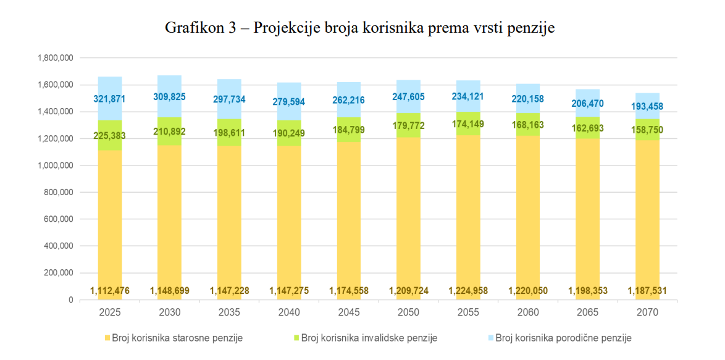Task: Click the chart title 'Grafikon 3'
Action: click(x=359, y=28)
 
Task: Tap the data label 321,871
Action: click(x=110, y=99)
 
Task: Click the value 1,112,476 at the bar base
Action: click(x=110, y=290)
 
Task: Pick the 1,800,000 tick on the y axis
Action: click(x=56, y=58)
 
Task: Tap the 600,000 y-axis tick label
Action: click(x=61, y=219)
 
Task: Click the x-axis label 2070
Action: click(x=648, y=312)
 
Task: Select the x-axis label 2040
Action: click(x=289, y=312)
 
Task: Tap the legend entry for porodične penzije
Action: click(x=563, y=338)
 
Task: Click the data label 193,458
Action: click(x=648, y=106)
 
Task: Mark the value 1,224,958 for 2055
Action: click(x=469, y=290)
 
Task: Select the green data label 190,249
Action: click(x=289, y=132)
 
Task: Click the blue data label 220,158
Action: click(x=528, y=98)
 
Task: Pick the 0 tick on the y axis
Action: click(x=70, y=300)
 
